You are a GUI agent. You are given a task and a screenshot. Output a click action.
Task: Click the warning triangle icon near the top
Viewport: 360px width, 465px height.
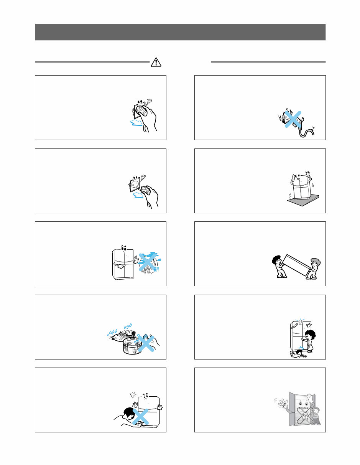pyautogui.click(x=156, y=62)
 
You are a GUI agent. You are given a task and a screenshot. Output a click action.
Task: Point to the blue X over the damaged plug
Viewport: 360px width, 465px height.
pyautogui.click(x=292, y=119)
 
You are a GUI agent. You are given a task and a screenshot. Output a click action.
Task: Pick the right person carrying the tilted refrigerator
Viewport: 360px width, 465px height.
pyautogui.click(x=314, y=268)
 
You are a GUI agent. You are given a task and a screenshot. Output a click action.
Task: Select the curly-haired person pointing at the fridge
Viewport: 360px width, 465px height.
pyautogui.click(x=309, y=339)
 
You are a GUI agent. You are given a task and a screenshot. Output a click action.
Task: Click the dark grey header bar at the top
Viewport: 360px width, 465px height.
pyautogui.click(x=180, y=32)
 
